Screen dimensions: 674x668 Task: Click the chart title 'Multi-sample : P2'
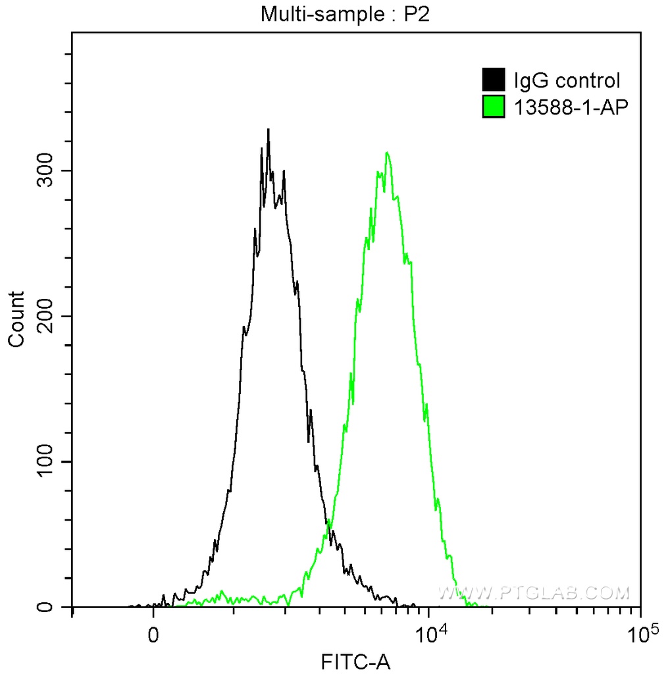345,14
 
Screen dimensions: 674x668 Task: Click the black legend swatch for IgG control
494,80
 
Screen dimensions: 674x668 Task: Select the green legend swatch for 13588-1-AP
494,106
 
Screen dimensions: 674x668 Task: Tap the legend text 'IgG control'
567,81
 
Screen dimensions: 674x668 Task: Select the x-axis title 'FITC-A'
355,661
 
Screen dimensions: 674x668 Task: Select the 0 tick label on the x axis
154,637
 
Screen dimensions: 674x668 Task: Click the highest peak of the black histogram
268,130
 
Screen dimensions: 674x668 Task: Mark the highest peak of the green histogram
387,153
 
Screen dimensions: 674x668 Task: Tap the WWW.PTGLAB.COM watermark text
534,593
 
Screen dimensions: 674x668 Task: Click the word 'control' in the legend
588,81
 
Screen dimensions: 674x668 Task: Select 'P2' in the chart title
417,14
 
